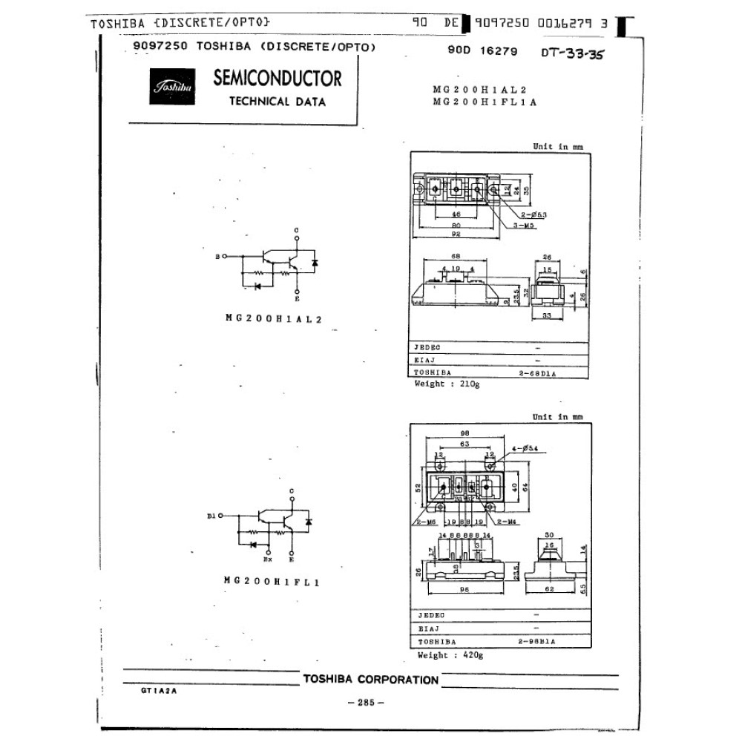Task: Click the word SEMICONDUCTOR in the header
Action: (x=277, y=78)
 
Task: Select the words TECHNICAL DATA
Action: (x=277, y=102)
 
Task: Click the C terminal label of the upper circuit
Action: (x=297, y=231)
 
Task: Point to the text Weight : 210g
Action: (x=447, y=384)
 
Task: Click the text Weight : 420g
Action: (x=449, y=654)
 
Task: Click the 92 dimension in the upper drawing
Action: (x=456, y=234)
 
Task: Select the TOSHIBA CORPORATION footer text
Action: (x=371, y=679)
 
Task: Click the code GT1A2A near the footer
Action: (x=158, y=689)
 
